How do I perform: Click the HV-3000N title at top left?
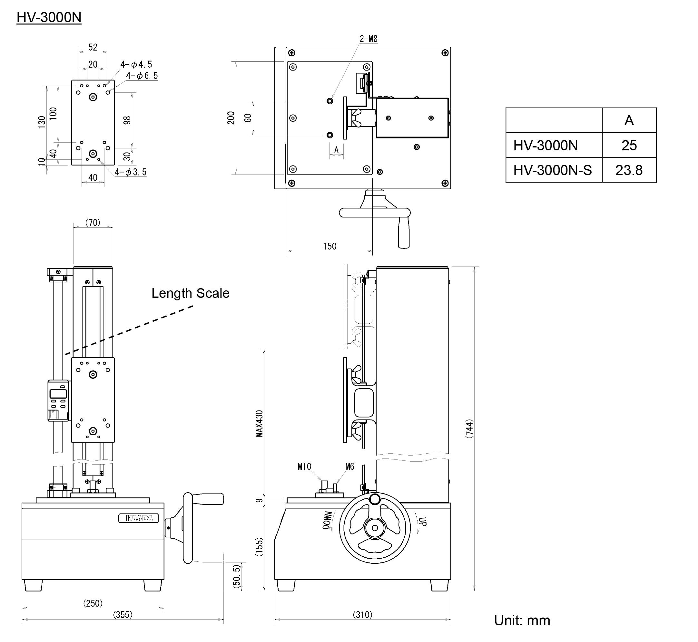(x=49, y=17)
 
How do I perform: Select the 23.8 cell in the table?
(x=629, y=170)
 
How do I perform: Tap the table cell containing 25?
(x=629, y=145)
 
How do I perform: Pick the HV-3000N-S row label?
(x=552, y=170)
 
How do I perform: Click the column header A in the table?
(x=629, y=120)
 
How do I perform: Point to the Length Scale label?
(x=190, y=293)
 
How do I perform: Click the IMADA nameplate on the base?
(x=138, y=518)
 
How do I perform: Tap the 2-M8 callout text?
(x=368, y=39)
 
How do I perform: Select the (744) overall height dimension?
(x=469, y=429)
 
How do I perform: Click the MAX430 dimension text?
(x=259, y=423)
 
